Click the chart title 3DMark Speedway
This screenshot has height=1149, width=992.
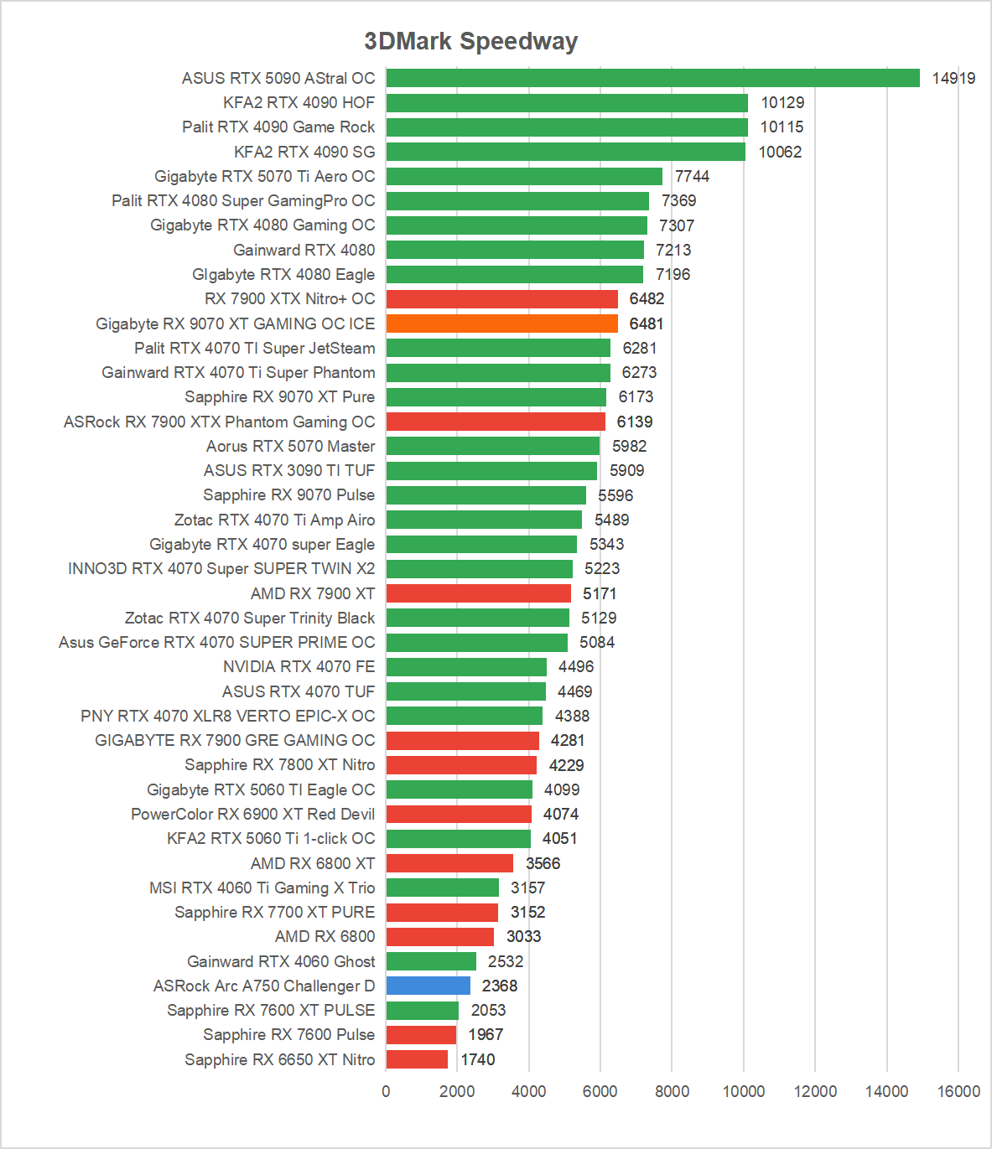pyautogui.click(x=470, y=41)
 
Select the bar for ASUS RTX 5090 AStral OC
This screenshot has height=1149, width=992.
pyautogui.click(x=652, y=78)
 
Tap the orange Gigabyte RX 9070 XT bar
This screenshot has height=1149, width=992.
pyautogui.click(x=501, y=323)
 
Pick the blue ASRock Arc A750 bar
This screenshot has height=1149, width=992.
pyautogui.click(x=428, y=986)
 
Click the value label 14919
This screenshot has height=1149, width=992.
pyautogui.click(x=953, y=78)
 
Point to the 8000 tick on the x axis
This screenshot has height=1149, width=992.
pyautogui.click(x=672, y=1091)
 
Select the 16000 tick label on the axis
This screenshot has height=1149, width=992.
pyautogui.click(x=958, y=1091)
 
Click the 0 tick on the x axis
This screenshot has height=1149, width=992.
pyautogui.click(x=386, y=1091)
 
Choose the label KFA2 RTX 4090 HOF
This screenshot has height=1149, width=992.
pyautogui.click(x=299, y=102)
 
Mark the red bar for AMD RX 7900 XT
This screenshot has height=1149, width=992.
pyautogui.click(x=478, y=593)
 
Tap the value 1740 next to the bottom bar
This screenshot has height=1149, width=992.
pyautogui.click(x=478, y=1059)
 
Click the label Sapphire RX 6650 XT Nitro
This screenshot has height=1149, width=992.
pyautogui.click(x=279, y=1059)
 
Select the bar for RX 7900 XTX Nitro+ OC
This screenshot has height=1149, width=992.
pyautogui.click(x=501, y=299)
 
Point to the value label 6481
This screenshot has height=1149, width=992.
pyautogui.click(x=646, y=323)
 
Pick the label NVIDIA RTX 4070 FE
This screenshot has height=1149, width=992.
pyautogui.click(x=299, y=666)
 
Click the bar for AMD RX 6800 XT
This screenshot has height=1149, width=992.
pyautogui.click(x=449, y=863)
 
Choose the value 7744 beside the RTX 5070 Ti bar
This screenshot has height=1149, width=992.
pyautogui.click(x=692, y=176)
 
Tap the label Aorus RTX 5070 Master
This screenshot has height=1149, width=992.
pyautogui.click(x=290, y=446)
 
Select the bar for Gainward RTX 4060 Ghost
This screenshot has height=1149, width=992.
pyautogui.click(x=431, y=961)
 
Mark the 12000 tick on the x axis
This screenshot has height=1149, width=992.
pyautogui.click(x=815, y=1091)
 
